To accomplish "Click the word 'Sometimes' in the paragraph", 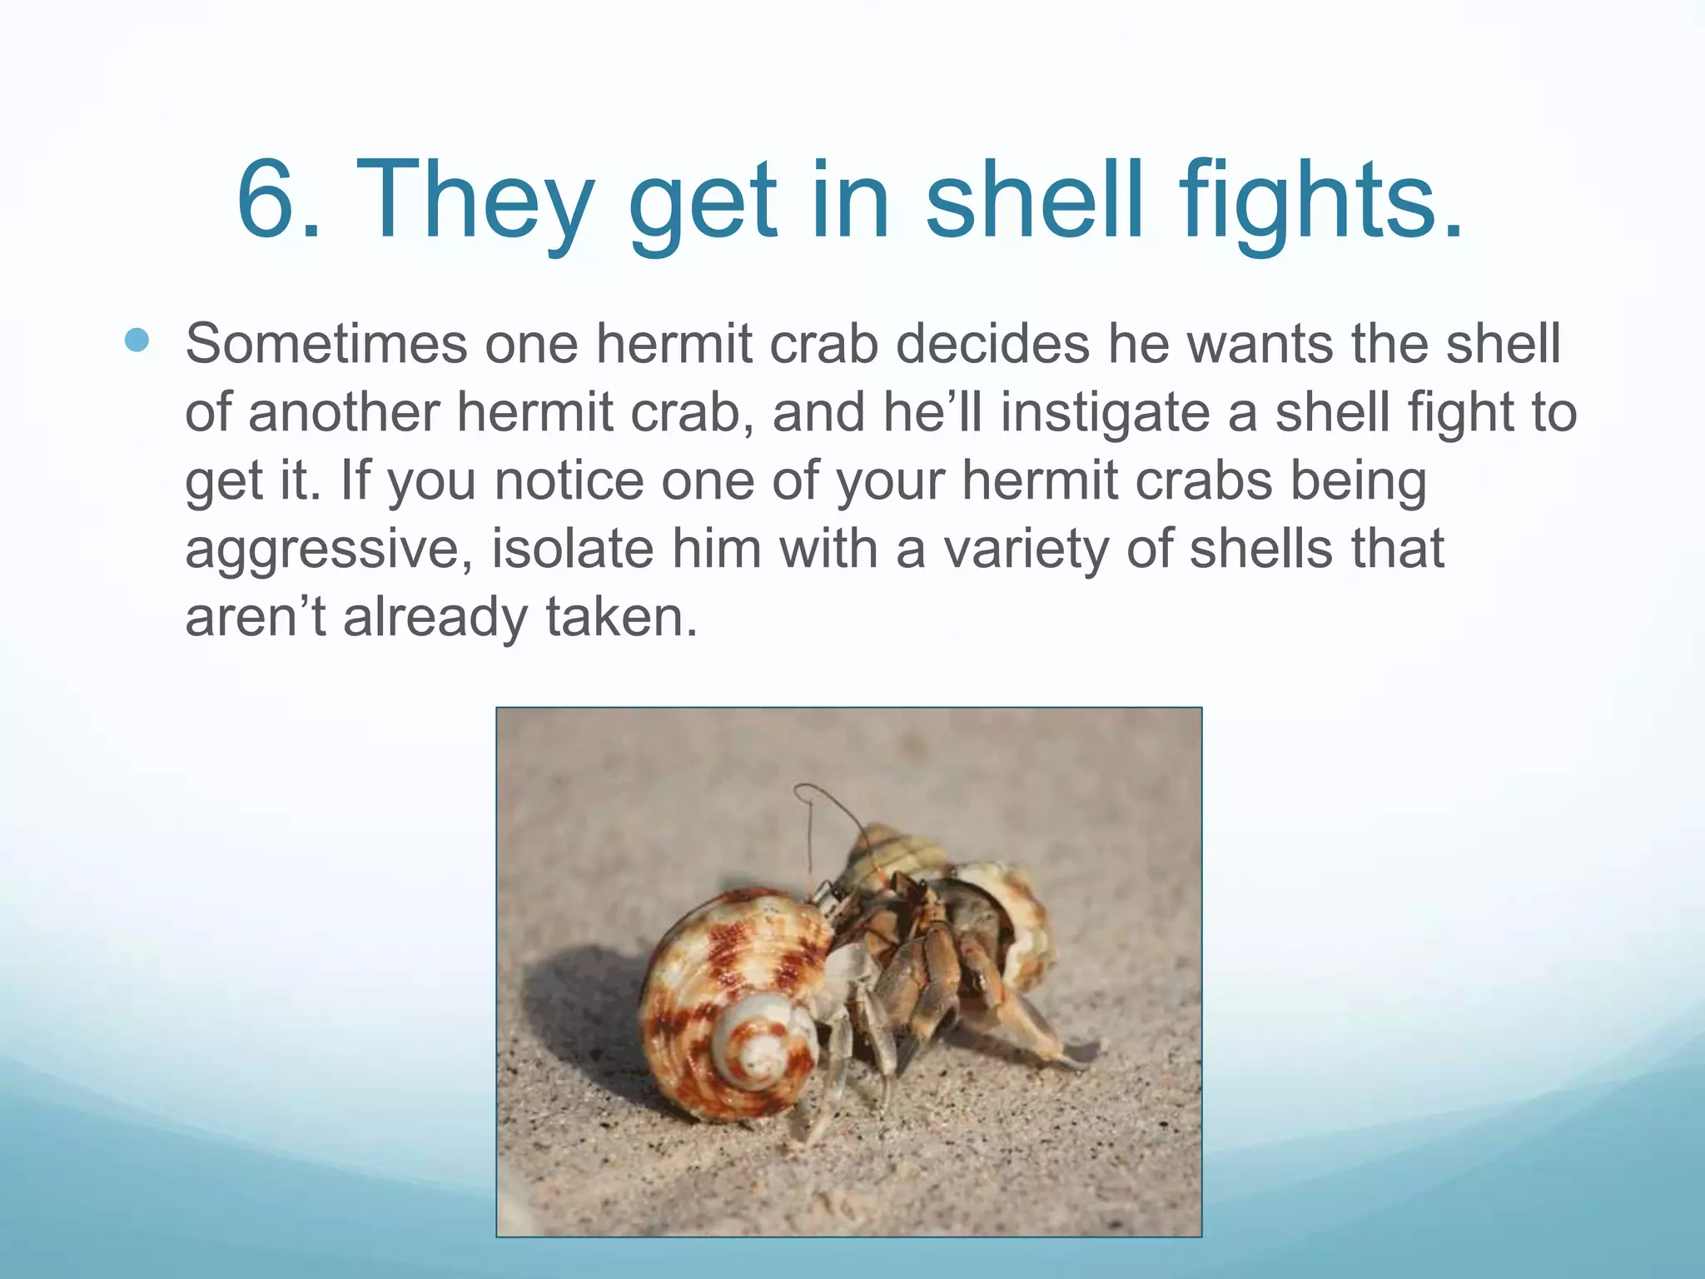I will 326,343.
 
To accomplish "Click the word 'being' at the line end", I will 1358,480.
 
